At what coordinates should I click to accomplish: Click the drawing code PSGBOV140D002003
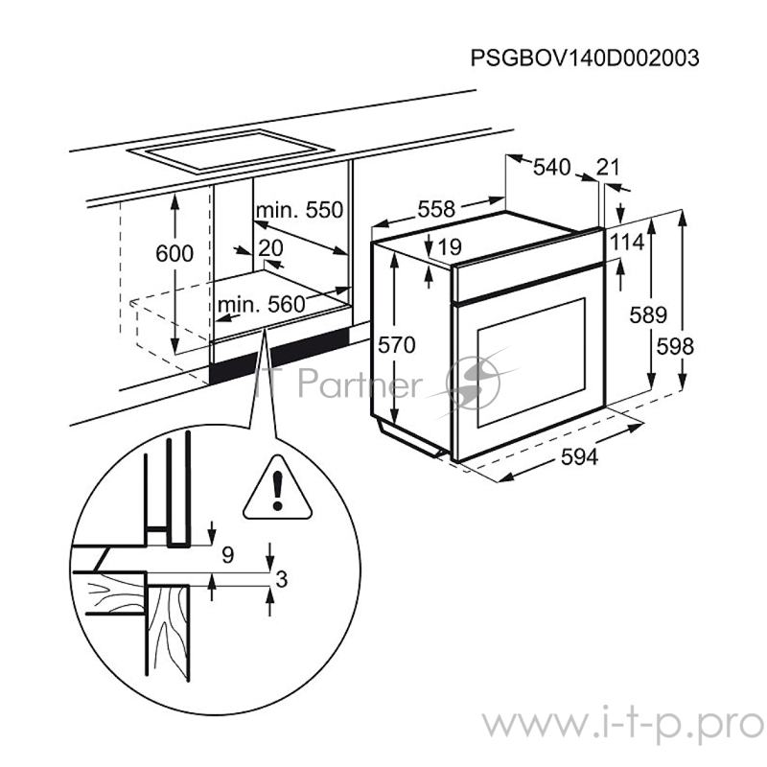pos(584,58)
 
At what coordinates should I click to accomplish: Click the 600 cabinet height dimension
pos(174,254)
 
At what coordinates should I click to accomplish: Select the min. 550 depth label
pos(298,209)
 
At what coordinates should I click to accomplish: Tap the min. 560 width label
pos(261,305)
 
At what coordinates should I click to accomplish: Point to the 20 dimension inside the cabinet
pos(271,247)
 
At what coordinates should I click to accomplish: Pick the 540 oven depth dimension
pos(551,168)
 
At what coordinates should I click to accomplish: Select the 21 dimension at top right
pos(608,168)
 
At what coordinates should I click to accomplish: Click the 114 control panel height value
pos(626,243)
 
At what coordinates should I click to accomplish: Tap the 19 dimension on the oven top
pos(450,247)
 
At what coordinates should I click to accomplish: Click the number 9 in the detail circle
pos(227,553)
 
